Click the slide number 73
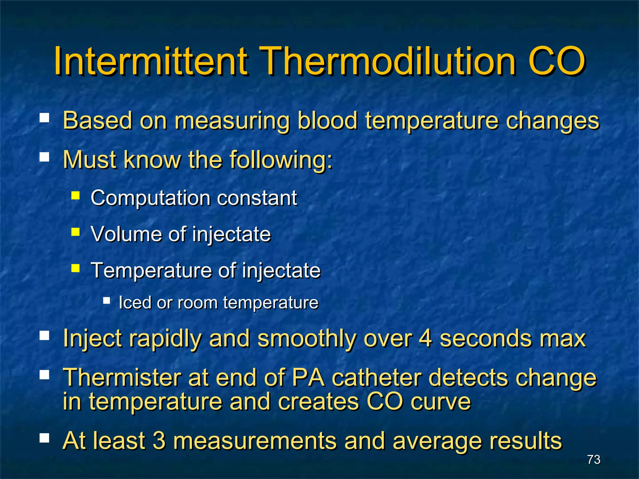(593, 459)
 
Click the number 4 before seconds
(425, 338)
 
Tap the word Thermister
(122, 377)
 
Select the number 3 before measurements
(159, 441)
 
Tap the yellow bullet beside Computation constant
(76, 196)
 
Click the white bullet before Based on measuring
(44, 118)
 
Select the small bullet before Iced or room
(107, 301)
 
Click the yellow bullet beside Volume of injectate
(76, 232)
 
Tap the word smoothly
(306, 339)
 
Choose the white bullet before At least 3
(44, 438)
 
